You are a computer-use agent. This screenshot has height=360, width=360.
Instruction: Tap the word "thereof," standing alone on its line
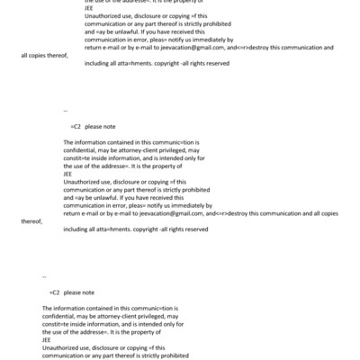[31, 220]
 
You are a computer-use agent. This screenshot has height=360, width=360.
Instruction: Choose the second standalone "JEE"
[67, 174]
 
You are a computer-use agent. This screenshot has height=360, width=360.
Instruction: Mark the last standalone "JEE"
[47, 339]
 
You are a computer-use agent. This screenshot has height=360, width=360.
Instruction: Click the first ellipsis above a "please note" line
[66, 110]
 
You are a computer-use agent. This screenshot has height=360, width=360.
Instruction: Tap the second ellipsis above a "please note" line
[44, 275]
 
